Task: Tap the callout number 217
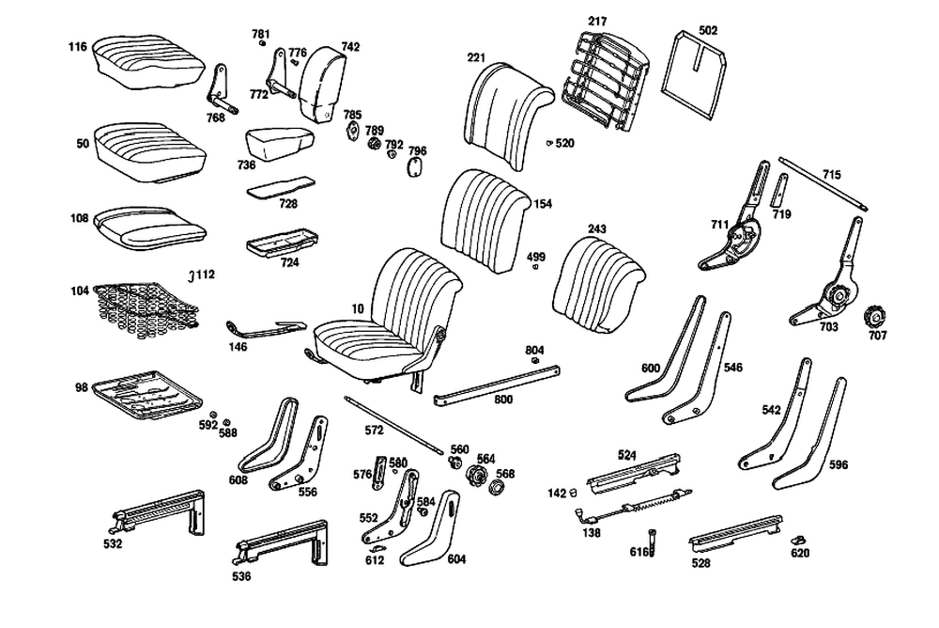pos(598,21)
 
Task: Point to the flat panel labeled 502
pos(700,68)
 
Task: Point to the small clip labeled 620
pos(801,540)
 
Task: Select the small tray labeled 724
pos(277,245)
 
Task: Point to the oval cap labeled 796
pos(413,167)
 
